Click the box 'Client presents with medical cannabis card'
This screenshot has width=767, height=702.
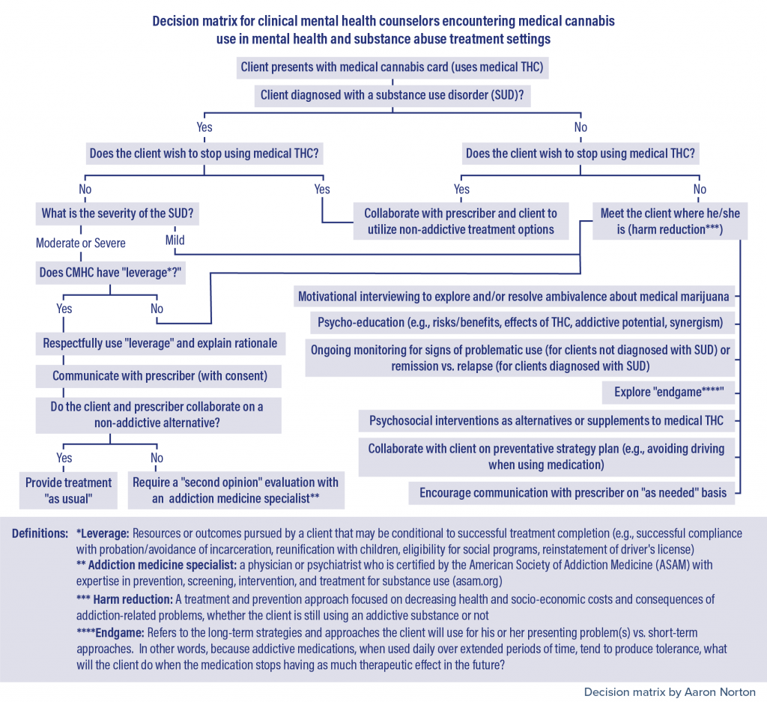(x=392, y=67)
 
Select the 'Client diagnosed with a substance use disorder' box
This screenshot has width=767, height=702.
(x=392, y=95)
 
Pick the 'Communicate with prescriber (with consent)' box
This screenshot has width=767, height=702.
(x=160, y=375)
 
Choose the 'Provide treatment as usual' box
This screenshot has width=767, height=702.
(x=68, y=490)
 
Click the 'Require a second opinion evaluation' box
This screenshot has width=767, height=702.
(x=236, y=490)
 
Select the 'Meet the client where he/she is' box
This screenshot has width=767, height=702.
(x=670, y=222)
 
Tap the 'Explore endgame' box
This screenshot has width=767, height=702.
(x=669, y=392)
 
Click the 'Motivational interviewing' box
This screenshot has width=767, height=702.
(x=513, y=296)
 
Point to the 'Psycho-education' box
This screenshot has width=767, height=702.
(x=520, y=322)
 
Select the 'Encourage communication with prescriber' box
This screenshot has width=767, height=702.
(x=572, y=493)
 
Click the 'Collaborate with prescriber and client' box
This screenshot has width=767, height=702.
(x=461, y=222)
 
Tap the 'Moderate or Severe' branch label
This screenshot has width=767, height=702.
(x=81, y=243)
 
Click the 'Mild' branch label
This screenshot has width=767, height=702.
(x=175, y=240)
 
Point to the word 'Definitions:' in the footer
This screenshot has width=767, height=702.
(x=40, y=533)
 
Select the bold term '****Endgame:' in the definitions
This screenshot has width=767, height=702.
(x=110, y=633)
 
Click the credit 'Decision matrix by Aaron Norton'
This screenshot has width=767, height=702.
(x=670, y=692)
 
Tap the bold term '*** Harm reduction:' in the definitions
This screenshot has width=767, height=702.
(x=124, y=599)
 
